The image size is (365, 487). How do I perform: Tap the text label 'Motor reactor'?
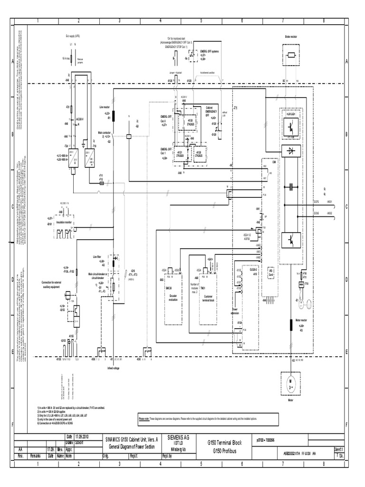pyautogui.click(x=302, y=321)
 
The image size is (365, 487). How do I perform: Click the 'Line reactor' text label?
pyautogui.click(x=105, y=108)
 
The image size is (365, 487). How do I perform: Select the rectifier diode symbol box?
pyautogui.click(x=290, y=151)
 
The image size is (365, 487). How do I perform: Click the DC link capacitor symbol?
pyautogui.click(x=290, y=187)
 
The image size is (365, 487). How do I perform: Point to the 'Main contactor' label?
pyautogui.click(x=104, y=133)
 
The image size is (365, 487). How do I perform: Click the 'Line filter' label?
pyautogui.click(x=98, y=256)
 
